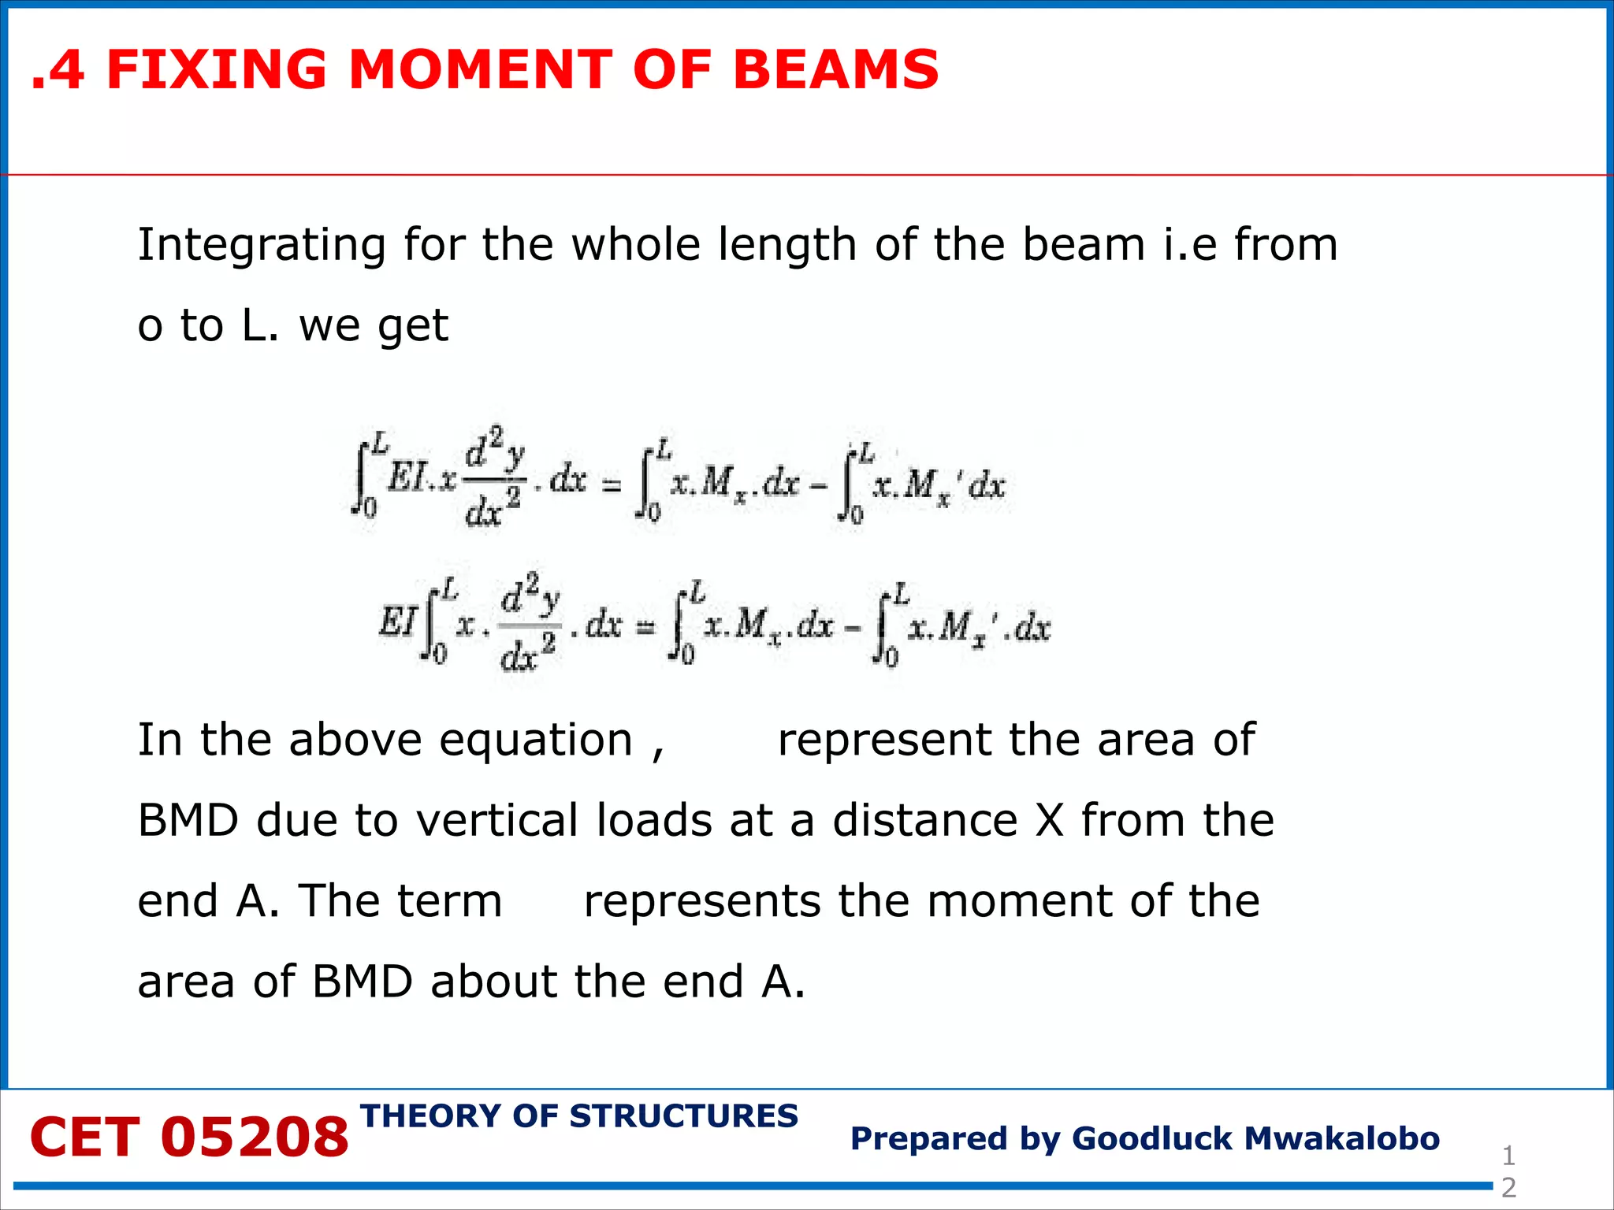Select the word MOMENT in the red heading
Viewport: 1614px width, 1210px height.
click(479, 69)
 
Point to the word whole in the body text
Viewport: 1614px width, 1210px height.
click(634, 244)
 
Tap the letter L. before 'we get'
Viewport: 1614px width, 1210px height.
click(259, 325)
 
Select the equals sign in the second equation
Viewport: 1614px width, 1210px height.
click(645, 628)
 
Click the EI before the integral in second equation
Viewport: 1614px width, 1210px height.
click(397, 623)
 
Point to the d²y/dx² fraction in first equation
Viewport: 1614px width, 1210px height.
click(494, 477)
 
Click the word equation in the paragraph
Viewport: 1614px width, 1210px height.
click(536, 740)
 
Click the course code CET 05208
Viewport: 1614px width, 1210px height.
click(189, 1138)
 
